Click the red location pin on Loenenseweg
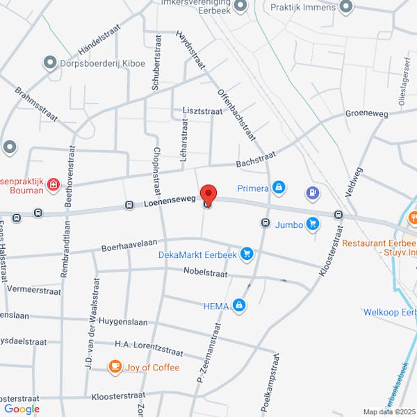click(x=208, y=194)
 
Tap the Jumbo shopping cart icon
click(x=313, y=224)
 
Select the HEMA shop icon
click(x=239, y=305)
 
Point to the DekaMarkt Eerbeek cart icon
click(x=245, y=254)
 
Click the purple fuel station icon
click(x=313, y=193)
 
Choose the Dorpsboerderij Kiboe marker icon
click(x=50, y=63)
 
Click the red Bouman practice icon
click(x=53, y=185)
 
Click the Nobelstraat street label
click(x=206, y=274)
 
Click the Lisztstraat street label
click(x=202, y=111)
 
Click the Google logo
click(x=22, y=409)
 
